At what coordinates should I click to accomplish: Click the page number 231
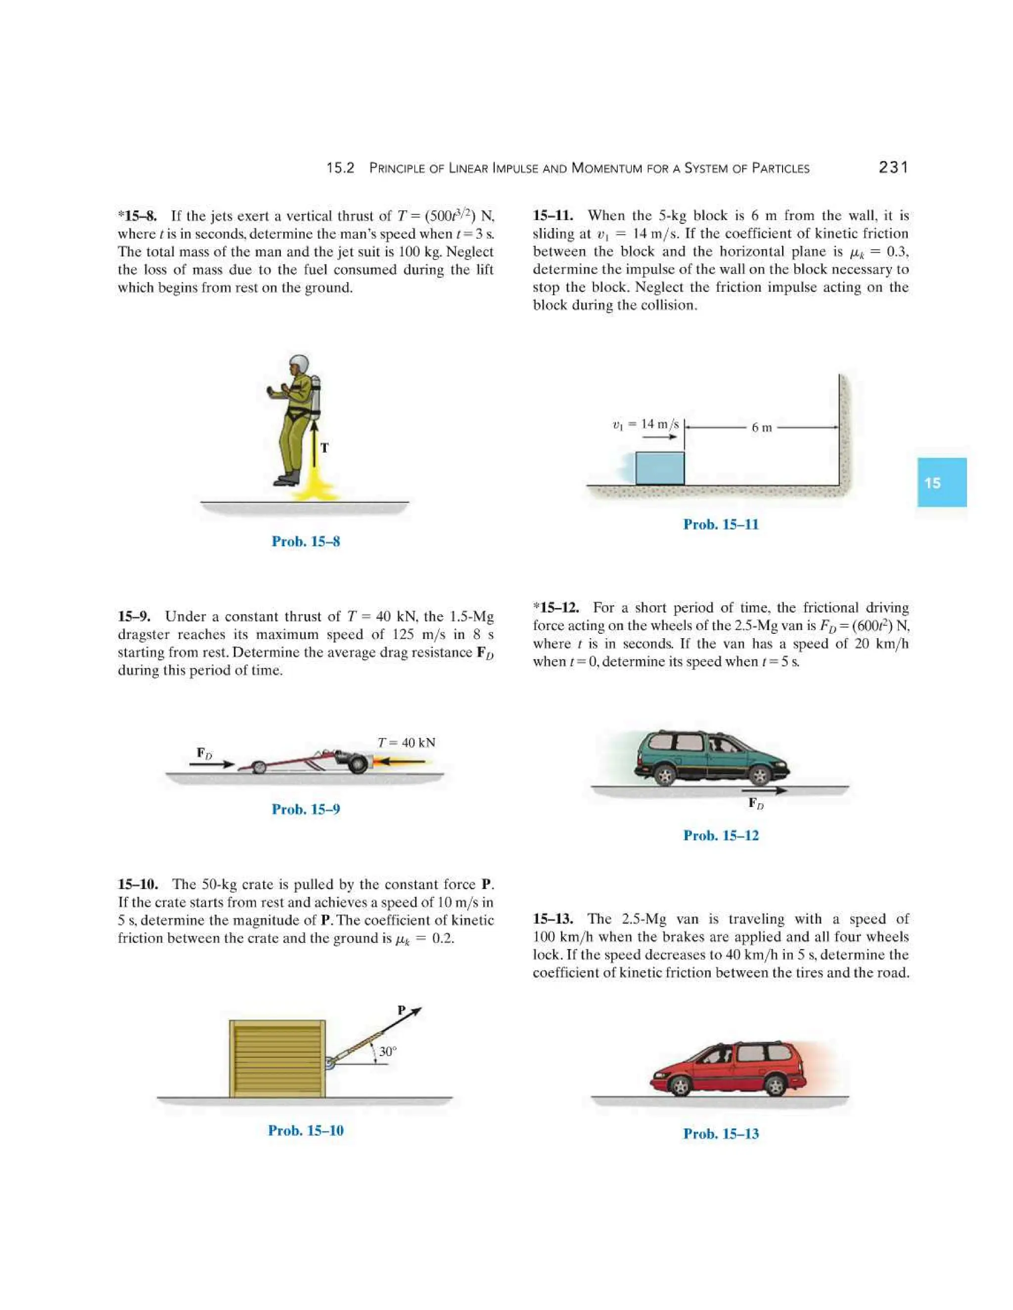coord(893,168)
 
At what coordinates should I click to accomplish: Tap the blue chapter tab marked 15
coord(941,482)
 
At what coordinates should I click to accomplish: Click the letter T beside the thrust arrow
coord(324,447)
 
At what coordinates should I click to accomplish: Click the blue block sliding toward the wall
coord(659,469)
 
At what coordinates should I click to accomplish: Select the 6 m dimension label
coord(762,428)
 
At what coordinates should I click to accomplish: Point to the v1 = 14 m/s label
coord(645,424)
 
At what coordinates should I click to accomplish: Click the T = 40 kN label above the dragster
coord(406,742)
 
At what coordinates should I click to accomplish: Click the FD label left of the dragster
coord(205,753)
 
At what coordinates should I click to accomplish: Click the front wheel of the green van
coord(760,776)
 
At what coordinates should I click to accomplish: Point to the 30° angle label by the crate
coord(388,1051)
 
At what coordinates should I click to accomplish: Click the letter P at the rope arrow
coord(402,1010)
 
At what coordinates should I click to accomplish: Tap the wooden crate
coord(277,1059)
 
